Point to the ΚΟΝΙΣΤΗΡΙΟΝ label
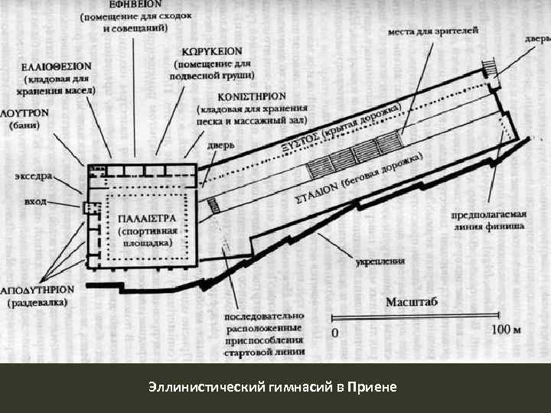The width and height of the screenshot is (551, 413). tap(253, 98)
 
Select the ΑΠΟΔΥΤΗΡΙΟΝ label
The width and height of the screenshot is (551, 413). tap(37, 291)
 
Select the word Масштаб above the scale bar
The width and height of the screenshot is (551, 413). tap(412, 301)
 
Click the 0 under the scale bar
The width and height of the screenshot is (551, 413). tap(333, 333)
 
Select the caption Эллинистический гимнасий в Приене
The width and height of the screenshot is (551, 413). tap(274, 387)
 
